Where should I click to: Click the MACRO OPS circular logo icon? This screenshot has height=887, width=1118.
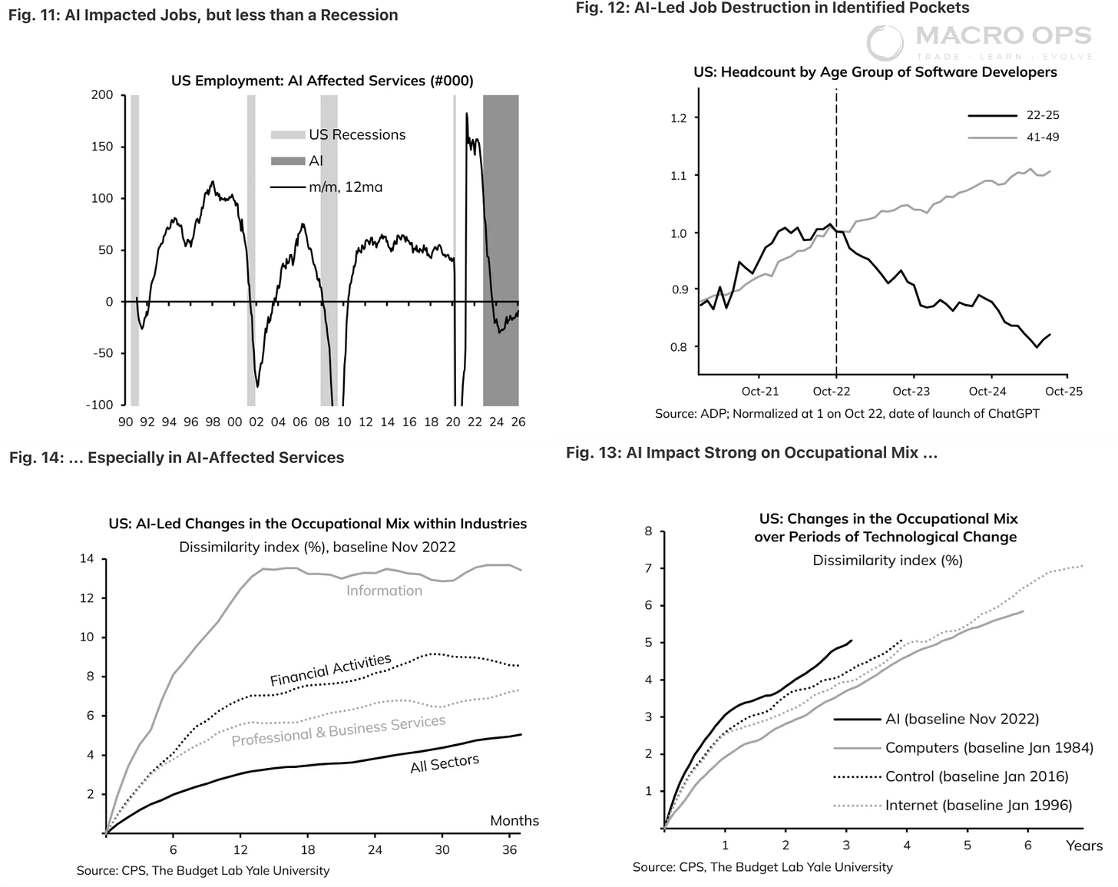(885, 42)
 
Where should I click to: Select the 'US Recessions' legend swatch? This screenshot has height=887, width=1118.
(288, 135)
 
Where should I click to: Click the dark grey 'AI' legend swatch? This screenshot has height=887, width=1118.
(288, 161)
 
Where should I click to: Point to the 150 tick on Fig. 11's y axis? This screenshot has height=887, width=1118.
(102, 147)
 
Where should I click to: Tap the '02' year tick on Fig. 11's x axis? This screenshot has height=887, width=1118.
(256, 422)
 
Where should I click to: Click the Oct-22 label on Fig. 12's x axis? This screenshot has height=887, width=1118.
(832, 392)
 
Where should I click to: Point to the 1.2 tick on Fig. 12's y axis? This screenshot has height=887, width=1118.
(679, 118)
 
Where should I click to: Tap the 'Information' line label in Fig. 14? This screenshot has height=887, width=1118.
(384, 591)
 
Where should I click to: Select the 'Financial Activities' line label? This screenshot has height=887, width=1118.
(330, 670)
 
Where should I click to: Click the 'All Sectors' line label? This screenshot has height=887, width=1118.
(445, 763)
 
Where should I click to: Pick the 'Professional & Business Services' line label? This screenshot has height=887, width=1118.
(339, 730)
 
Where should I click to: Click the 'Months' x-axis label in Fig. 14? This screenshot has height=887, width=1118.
(514, 821)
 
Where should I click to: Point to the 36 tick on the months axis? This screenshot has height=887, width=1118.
(509, 850)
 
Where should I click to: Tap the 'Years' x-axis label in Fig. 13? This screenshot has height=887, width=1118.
(1084, 846)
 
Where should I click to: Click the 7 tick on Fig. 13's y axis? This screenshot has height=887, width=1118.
(649, 568)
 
